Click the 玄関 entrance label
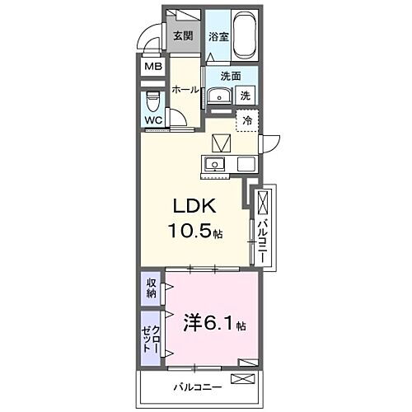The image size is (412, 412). [182, 35]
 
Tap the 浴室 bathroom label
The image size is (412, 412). [218, 37]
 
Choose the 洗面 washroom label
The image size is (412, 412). [230, 76]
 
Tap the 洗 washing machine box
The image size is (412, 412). [245, 96]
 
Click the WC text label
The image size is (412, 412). [154, 120]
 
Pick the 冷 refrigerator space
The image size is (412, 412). [246, 120]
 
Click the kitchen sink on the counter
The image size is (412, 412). [217, 162]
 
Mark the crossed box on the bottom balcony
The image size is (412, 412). [245, 379]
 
